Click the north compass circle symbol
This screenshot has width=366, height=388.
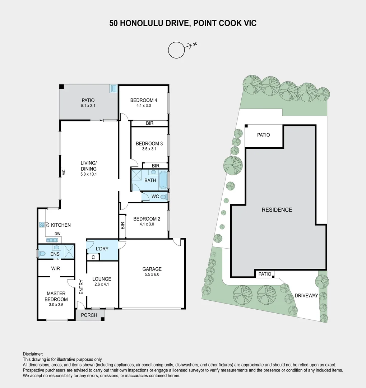click(176, 50)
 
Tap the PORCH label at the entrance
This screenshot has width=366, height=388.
click(89, 315)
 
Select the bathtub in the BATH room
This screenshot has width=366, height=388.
click(163, 180)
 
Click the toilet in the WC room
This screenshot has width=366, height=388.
click(163, 197)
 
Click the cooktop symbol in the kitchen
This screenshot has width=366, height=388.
click(41, 225)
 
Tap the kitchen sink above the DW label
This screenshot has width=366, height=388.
click(52, 240)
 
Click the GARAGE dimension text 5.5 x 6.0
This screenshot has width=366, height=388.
click(152, 274)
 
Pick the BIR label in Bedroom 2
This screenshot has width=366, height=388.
click(122, 226)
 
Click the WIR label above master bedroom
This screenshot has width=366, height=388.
click(56, 268)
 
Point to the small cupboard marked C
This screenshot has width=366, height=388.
click(93, 257)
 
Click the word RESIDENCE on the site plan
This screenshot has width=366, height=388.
click(277, 210)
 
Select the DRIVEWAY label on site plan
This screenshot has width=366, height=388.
click(306, 296)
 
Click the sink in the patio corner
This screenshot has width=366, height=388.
click(114, 89)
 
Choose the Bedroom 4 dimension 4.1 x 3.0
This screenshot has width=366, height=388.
click(143, 106)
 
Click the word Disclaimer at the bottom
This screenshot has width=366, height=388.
click(33, 354)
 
